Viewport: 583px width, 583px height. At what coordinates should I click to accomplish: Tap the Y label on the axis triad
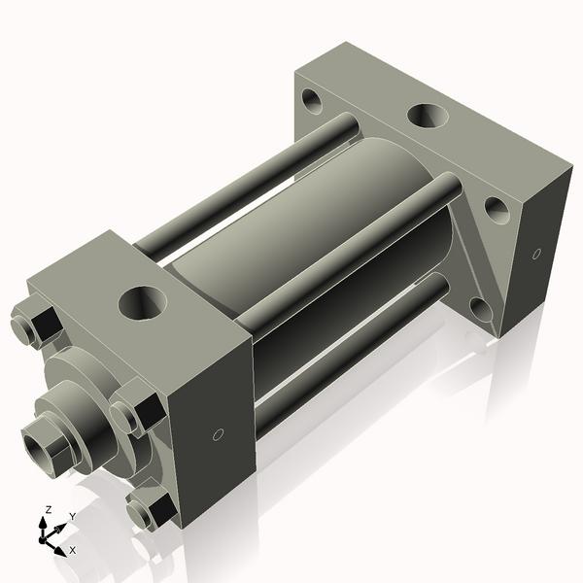click(x=72, y=516)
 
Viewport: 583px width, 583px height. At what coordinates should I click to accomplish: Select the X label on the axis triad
click(x=73, y=550)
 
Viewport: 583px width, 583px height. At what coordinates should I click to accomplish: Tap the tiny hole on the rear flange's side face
click(x=535, y=254)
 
